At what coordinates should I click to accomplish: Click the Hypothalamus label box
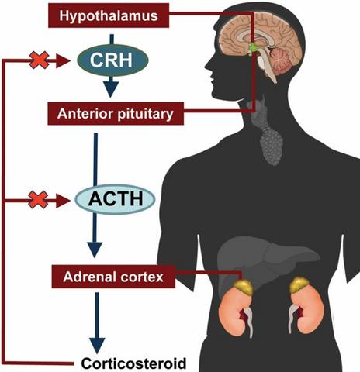click(x=109, y=15)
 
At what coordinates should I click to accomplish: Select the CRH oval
click(x=112, y=60)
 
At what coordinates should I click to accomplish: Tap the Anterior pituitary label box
click(x=116, y=113)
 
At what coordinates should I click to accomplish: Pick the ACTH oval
click(x=115, y=199)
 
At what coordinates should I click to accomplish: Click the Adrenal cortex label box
click(x=113, y=277)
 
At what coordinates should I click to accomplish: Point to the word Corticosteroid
click(x=133, y=363)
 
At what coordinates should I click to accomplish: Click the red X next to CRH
click(x=39, y=60)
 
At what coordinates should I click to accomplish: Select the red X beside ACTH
click(x=38, y=199)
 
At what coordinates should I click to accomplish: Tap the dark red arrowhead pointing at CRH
click(x=63, y=61)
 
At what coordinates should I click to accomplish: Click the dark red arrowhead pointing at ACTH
click(x=63, y=201)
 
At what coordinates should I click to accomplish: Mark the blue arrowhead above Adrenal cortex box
click(x=95, y=250)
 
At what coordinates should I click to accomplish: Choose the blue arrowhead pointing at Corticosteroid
click(x=97, y=346)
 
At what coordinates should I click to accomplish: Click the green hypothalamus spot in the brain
click(x=252, y=49)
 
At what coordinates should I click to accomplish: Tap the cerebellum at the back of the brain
click(x=281, y=60)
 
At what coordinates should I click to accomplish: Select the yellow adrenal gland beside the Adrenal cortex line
click(x=244, y=286)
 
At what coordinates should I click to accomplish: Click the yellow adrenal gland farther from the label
click(x=299, y=285)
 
